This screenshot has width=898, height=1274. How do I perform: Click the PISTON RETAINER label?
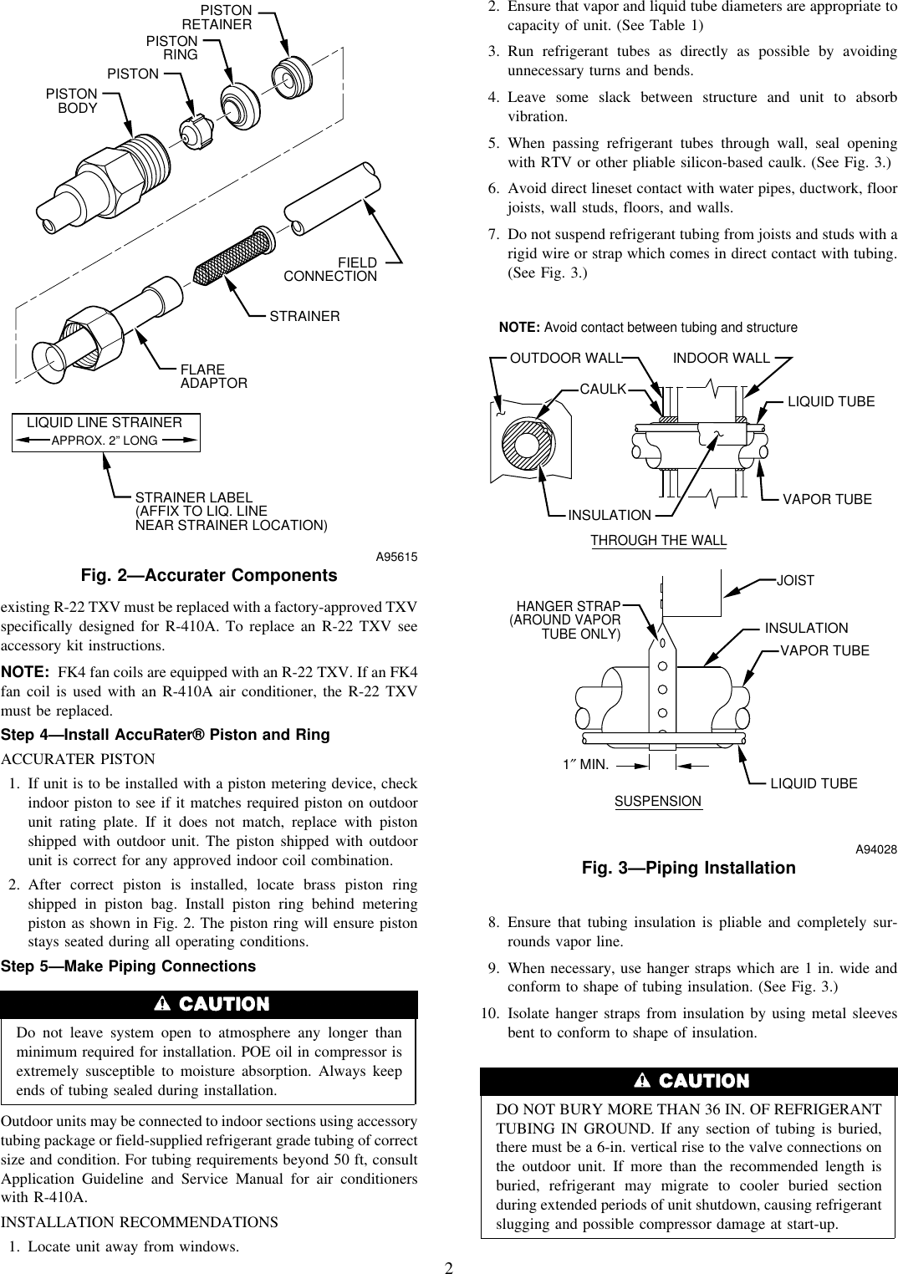[x=217, y=18]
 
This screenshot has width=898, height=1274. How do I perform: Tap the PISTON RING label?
[x=173, y=48]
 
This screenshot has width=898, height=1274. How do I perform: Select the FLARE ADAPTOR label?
[x=214, y=376]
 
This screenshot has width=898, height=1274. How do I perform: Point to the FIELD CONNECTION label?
[x=331, y=269]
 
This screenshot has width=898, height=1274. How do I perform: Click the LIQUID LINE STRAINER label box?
[x=105, y=431]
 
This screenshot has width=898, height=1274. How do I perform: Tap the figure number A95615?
[x=396, y=557]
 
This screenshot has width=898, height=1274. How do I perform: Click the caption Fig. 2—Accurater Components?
[x=209, y=575]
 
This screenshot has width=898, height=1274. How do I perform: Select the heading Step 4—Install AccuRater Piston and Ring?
[x=166, y=735]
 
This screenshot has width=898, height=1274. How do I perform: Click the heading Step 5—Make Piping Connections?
[x=129, y=966]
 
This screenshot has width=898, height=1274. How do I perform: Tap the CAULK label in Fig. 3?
[x=603, y=389]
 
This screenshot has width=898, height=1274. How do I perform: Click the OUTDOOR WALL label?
[x=566, y=358]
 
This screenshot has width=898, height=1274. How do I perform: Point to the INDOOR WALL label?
[x=722, y=358]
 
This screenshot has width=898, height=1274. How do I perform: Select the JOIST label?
[x=795, y=580]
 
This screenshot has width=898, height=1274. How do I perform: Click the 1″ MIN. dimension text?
[x=585, y=763]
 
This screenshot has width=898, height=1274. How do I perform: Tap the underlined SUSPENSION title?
[x=658, y=801]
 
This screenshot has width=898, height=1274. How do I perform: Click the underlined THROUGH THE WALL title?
[x=659, y=540]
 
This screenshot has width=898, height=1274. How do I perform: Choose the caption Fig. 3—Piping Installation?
[x=688, y=868]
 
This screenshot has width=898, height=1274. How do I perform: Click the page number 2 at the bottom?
[x=448, y=1267]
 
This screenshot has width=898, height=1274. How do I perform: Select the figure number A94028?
[x=875, y=849]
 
